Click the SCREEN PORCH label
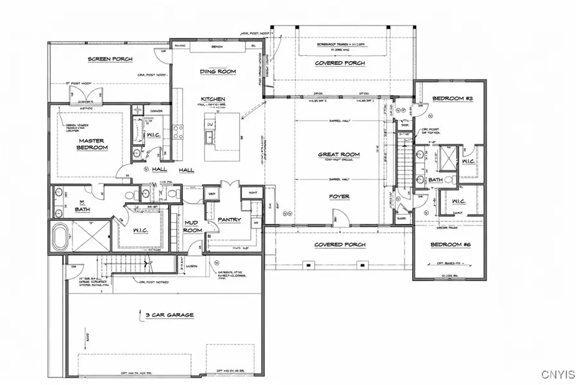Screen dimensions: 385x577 (110, 59)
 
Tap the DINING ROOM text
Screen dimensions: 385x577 (215, 72)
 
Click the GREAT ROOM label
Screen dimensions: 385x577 (339, 155)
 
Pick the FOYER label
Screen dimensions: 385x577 (339, 197)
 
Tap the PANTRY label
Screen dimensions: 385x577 (228, 219)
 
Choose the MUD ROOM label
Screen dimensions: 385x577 (193, 226)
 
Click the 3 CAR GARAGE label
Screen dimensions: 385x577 (165, 315)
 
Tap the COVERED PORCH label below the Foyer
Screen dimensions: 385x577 (339, 244)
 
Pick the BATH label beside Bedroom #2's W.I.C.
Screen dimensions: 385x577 (436, 180)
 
